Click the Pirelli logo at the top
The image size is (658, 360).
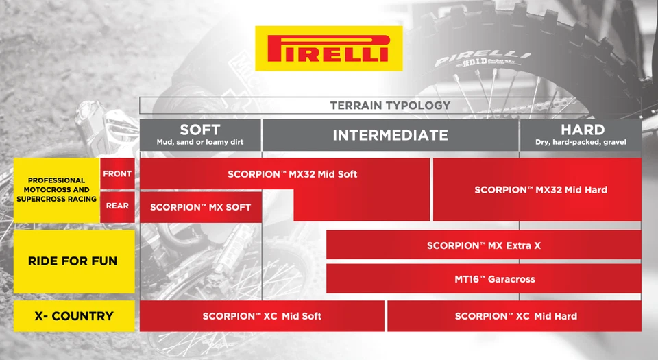[x=328, y=48]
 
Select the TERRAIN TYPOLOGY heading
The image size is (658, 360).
[x=390, y=105]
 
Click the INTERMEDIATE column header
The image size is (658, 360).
[x=390, y=135]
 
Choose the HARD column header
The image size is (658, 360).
[x=582, y=130]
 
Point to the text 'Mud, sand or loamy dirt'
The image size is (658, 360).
[x=200, y=143]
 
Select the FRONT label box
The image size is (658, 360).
[x=117, y=174]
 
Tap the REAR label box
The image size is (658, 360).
[x=117, y=206]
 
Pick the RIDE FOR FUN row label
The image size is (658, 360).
[x=73, y=261]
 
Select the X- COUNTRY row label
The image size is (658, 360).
[x=73, y=316]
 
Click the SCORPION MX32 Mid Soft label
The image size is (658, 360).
[x=293, y=174]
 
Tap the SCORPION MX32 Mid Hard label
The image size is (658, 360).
[x=540, y=190]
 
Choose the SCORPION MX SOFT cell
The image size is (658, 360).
[x=200, y=207]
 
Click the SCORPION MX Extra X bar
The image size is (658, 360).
[x=483, y=245]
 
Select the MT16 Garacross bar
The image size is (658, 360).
[x=483, y=279]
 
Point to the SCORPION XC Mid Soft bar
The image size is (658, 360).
[x=262, y=316]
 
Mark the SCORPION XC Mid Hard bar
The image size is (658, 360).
[x=515, y=316]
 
